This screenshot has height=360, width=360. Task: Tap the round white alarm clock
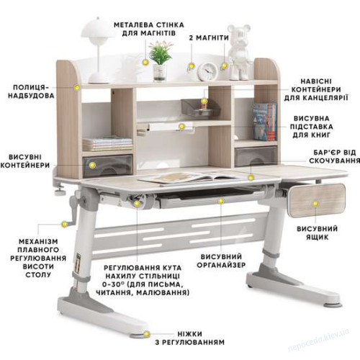[x=207, y=71]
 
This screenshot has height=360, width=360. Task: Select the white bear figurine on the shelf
[x=239, y=52]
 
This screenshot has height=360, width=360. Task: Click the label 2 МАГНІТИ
[x=209, y=38]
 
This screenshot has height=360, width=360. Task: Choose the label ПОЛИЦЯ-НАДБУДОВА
[x=31, y=91]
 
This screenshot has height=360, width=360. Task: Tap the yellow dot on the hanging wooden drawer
[x=315, y=204]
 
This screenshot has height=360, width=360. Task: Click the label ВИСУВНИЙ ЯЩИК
[x=317, y=233]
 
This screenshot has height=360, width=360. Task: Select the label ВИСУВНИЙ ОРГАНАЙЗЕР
[x=221, y=261]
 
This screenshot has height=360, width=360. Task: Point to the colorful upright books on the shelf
[x=265, y=122]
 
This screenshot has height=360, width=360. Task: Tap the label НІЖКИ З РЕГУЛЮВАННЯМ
[x=189, y=338]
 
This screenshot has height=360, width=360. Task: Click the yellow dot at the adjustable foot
[x=147, y=334]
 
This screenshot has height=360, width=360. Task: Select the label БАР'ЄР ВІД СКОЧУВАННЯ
[x=335, y=156]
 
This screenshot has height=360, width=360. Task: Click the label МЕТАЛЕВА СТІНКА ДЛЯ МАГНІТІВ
[x=149, y=29]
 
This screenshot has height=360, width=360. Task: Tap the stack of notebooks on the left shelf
[x=107, y=143]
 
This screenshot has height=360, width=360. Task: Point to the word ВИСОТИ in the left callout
[x=38, y=266]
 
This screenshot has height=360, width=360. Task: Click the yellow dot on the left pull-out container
[x=92, y=165]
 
